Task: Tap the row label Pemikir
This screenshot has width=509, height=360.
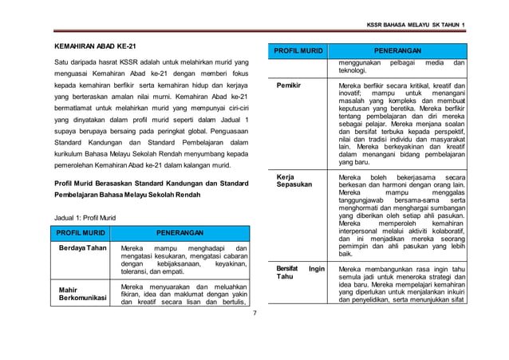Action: [x=288, y=84]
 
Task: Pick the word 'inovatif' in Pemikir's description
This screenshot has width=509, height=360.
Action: [x=353, y=93]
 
